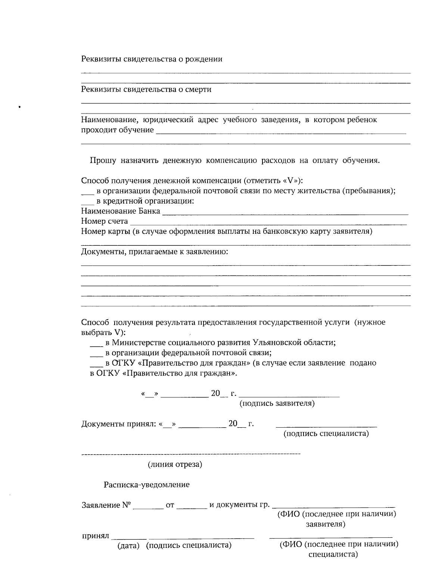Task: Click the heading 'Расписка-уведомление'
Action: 146,484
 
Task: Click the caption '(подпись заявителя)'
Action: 277,403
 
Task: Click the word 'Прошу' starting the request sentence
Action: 103,161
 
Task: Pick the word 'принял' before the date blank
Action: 95,536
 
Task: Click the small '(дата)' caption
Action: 128,545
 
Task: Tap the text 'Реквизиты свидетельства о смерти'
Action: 146,89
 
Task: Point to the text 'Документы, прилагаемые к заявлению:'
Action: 155,251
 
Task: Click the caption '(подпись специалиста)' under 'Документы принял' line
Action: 326,434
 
